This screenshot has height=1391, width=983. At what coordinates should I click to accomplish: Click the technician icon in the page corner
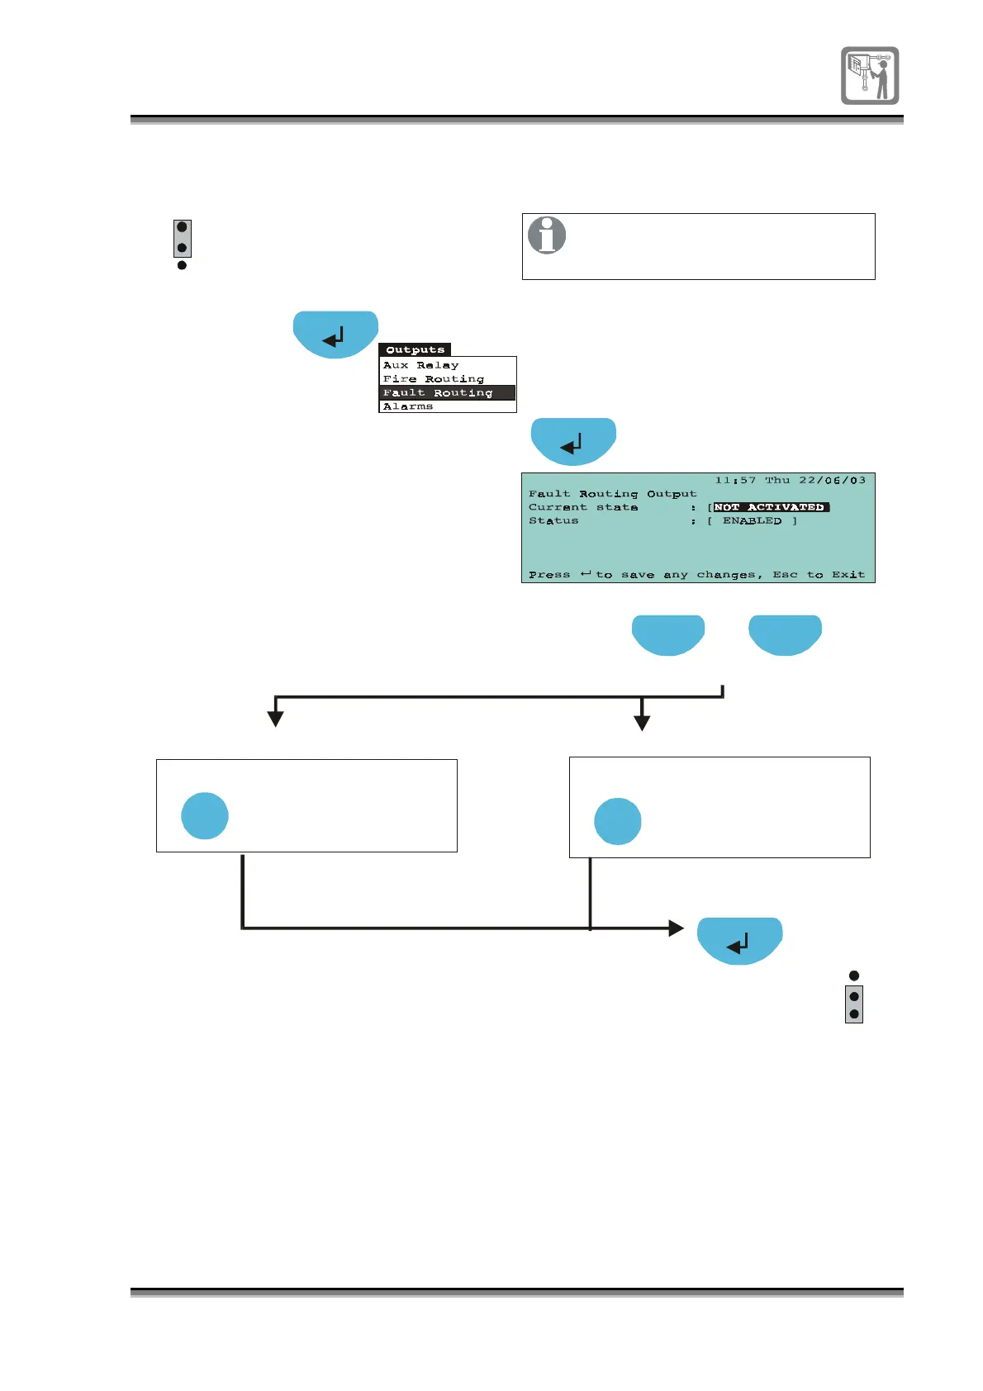click(x=870, y=75)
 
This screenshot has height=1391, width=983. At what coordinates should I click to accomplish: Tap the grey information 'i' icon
click(x=547, y=235)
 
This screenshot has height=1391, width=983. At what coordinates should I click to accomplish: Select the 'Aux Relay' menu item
click(x=420, y=365)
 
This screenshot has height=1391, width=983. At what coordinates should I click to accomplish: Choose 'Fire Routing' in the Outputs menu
click(x=433, y=379)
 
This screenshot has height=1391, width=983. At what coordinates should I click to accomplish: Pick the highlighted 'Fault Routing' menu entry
click(x=438, y=393)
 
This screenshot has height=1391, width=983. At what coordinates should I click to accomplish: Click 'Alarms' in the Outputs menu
click(x=407, y=406)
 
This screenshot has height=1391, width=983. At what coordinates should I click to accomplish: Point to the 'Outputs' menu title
click(x=415, y=349)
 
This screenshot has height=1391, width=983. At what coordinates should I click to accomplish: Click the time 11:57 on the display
click(x=735, y=480)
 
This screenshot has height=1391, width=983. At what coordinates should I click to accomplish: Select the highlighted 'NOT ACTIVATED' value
click(x=770, y=507)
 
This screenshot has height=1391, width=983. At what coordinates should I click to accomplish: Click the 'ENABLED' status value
click(x=752, y=521)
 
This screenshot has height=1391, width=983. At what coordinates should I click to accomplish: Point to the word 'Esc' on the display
click(x=785, y=575)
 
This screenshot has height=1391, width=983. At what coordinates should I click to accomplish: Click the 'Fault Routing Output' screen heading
click(x=612, y=494)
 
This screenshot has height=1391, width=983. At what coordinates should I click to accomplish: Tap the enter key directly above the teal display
click(x=573, y=442)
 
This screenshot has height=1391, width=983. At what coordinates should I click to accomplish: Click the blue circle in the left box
click(x=205, y=816)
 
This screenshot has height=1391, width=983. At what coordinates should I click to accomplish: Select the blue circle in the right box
click(x=618, y=821)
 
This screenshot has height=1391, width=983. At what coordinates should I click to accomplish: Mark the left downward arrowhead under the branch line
click(x=276, y=719)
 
